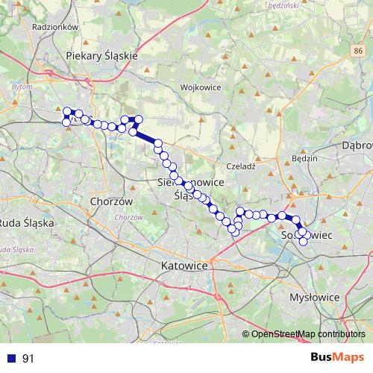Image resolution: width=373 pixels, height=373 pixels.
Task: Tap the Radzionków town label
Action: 52,25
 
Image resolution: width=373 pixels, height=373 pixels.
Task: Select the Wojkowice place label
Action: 198,87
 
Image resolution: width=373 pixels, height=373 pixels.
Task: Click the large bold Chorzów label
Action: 110,201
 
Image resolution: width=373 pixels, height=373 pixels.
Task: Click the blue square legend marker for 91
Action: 11,358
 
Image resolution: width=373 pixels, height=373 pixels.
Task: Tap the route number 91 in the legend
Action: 28,358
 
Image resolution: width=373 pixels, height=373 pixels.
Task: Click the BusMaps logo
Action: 334,358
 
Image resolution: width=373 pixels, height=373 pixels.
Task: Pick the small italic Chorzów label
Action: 129,217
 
